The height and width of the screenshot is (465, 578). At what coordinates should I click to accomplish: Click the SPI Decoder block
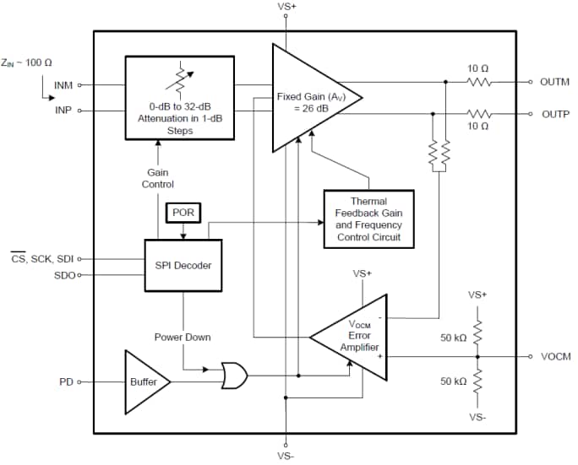183,265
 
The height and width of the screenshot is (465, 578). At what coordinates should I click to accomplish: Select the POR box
183,213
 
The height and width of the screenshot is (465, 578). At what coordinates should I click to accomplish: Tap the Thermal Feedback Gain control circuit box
368,219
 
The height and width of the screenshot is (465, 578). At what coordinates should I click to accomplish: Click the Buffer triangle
144,382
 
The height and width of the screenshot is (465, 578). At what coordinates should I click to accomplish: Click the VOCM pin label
555,357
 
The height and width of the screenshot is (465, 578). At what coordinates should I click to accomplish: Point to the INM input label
63,84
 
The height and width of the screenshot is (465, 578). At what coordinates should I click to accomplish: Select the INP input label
63,110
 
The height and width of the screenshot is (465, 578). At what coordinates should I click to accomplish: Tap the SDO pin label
64,275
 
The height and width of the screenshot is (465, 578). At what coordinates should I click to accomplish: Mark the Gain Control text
157,178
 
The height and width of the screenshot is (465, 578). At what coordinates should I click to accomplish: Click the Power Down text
182,337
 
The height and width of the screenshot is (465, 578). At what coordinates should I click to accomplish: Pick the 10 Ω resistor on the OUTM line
478,82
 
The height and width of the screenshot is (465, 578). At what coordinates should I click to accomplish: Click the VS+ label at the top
287,7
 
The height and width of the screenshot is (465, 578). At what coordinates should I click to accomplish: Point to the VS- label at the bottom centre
287,457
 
